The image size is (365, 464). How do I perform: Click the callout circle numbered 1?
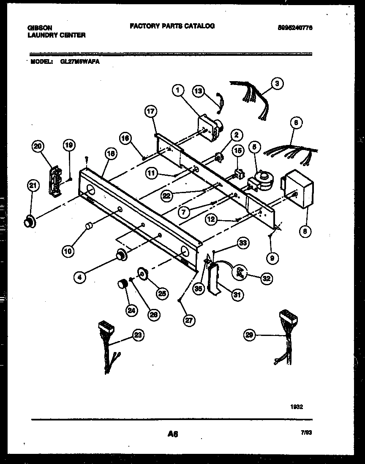pyautogui.click(x=178, y=90)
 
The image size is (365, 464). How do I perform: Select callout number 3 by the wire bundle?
pyautogui.click(x=277, y=83)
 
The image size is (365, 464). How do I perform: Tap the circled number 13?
pyautogui.click(x=199, y=90)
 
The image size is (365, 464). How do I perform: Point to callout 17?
pyautogui.click(x=151, y=112)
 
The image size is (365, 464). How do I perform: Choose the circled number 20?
pyautogui.click(x=38, y=146)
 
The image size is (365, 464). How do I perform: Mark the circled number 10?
pyautogui.click(x=68, y=251)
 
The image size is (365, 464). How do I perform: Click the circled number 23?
pyautogui.click(x=137, y=335)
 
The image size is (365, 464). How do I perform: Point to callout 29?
pyautogui.click(x=251, y=336)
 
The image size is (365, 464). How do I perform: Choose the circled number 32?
pyautogui.click(x=267, y=278)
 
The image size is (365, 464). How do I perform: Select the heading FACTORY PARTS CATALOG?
pyautogui.click(x=172, y=26)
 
